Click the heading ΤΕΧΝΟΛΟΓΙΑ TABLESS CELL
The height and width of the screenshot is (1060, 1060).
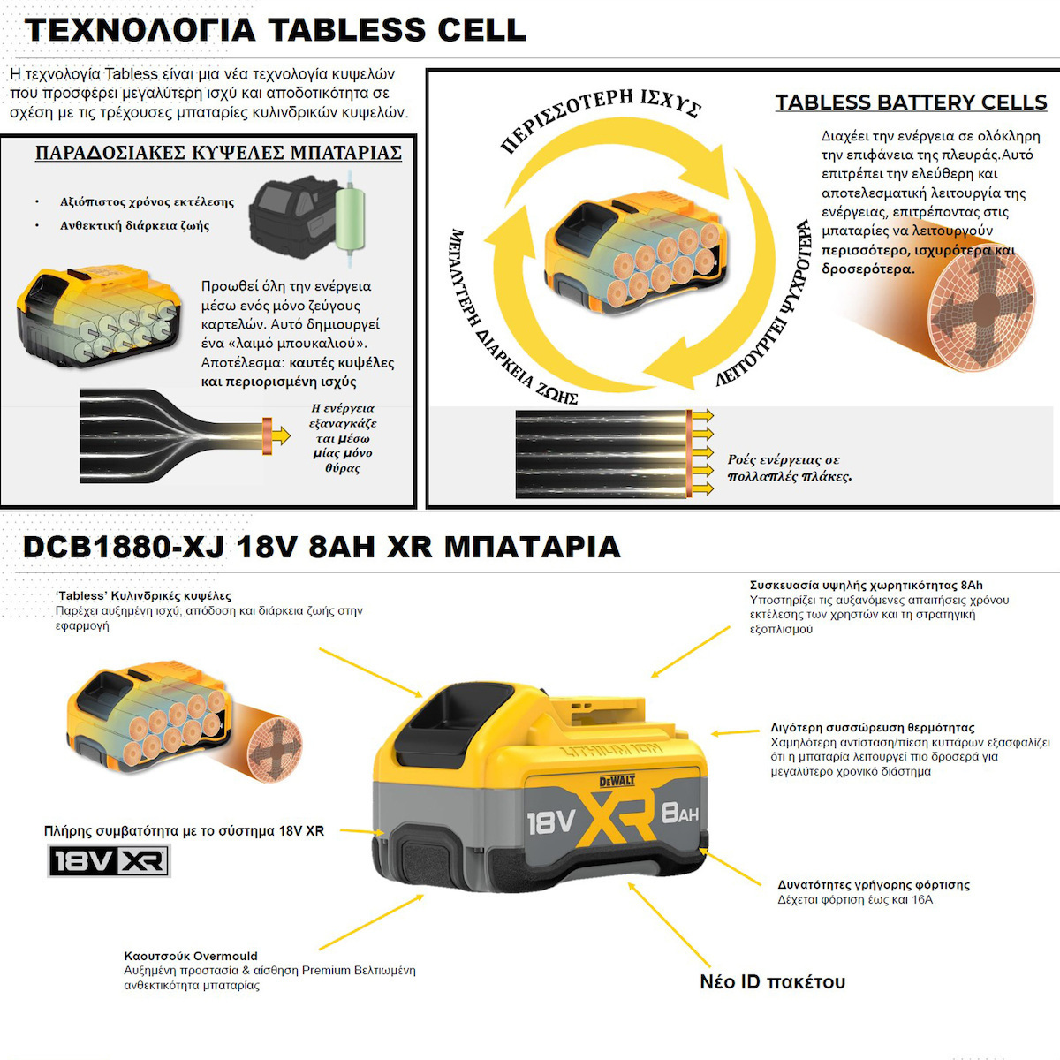tap(275, 30)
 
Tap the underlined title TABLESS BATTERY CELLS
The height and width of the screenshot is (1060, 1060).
tap(911, 102)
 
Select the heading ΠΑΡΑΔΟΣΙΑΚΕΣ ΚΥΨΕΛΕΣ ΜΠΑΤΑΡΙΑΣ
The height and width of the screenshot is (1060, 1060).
tap(218, 152)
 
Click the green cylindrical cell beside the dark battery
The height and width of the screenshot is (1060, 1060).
tap(351, 219)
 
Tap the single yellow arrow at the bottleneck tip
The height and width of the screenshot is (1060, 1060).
tap(281, 435)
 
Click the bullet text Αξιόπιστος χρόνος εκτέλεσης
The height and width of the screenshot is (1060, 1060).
tap(147, 202)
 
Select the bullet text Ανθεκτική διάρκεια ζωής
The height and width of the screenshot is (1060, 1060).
tap(135, 225)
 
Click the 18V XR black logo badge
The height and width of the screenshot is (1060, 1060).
tap(109, 861)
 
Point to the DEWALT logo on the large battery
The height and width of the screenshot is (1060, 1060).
tap(617, 781)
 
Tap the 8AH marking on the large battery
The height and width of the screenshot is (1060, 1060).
tap(680, 813)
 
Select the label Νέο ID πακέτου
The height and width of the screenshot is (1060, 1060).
tap(772, 982)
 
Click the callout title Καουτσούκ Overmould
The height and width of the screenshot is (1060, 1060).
tap(191, 956)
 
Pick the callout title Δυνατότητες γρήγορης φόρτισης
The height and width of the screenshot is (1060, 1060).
tap(874, 884)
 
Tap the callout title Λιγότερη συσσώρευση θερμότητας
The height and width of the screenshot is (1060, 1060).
tap(873, 727)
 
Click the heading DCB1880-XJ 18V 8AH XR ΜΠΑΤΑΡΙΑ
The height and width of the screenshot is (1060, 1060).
tap(322, 548)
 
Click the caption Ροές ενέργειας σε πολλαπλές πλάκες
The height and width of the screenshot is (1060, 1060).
tap(790, 468)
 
